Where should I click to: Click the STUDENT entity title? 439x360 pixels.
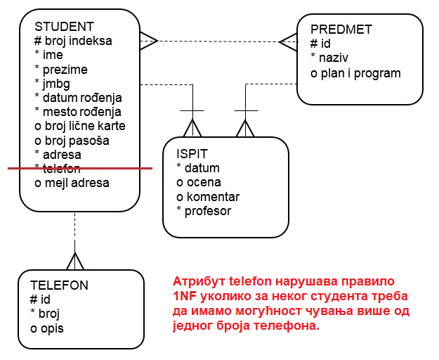(64, 27)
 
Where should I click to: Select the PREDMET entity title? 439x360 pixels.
(341, 30)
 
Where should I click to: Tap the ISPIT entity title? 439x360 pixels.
(192, 154)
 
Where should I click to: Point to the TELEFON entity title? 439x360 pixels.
(59, 285)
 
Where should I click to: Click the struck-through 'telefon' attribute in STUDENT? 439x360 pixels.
(60, 169)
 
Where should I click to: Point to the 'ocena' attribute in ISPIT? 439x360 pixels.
(199, 183)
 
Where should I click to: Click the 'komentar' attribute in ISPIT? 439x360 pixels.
(211, 197)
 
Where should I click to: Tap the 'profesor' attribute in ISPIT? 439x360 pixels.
(207, 211)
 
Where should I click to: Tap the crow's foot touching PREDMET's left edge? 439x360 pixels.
(288, 41)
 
